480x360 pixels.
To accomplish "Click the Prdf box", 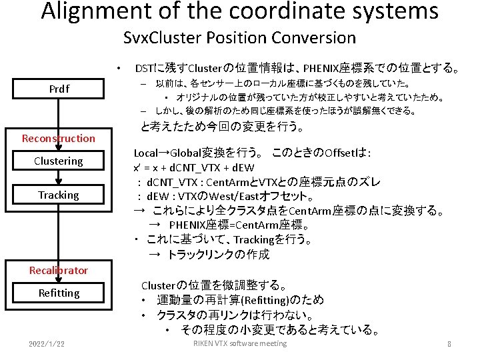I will click(x=59, y=89).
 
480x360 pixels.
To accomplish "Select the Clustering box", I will click(x=59, y=161).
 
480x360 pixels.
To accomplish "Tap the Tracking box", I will click(x=59, y=195).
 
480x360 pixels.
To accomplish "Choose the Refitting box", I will click(x=59, y=293).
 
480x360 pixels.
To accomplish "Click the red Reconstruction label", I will click(x=59, y=139).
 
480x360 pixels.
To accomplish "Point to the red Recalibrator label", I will click(x=59, y=271).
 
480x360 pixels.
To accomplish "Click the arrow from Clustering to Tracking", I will click(x=59, y=178).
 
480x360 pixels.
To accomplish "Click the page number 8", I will click(x=449, y=345).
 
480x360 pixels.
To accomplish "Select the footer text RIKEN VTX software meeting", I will click(x=240, y=344).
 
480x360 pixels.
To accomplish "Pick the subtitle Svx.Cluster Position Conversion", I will click(x=240, y=38).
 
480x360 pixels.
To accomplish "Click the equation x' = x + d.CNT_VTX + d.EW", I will click(x=194, y=167).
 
